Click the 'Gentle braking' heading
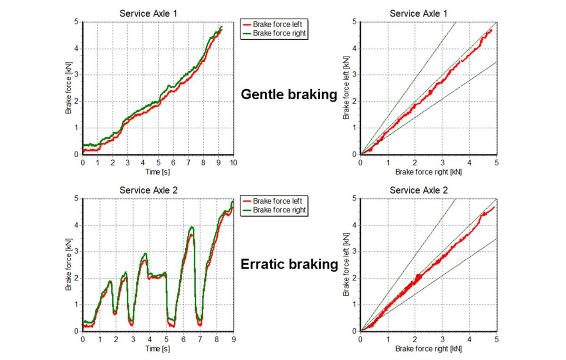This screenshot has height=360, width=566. tap(289, 94)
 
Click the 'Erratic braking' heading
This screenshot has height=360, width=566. tap(289, 264)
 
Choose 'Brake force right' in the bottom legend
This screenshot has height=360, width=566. tap(279, 209)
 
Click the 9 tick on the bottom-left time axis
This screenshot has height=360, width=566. tap(233, 339)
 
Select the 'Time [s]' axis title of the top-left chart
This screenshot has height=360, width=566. tap(158, 172)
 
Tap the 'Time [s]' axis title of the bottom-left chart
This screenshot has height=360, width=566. tap(158, 349)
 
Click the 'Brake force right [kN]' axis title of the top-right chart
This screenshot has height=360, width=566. tap(428, 172)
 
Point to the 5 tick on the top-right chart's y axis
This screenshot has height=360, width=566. tap(354, 22)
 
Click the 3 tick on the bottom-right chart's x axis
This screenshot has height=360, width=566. tap(442, 339)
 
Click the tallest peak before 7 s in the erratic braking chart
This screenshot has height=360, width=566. tap(191, 228)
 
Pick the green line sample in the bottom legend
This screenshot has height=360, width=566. tap(247, 209)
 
